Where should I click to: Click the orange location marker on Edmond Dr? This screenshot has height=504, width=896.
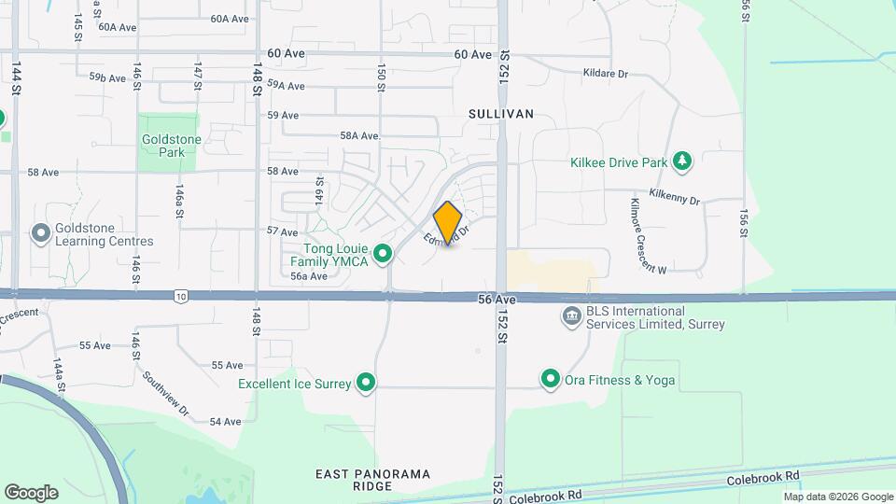pos(448,222)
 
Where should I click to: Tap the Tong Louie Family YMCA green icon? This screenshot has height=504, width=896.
pos(382,253)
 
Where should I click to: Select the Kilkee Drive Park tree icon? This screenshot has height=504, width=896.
pos(683,161)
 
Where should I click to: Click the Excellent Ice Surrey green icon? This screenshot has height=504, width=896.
pos(367,383)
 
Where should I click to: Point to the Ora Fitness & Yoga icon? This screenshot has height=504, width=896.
pos(550,379)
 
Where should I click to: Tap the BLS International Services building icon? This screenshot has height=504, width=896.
pos(570,317)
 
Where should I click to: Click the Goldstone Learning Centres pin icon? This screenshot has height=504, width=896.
pos(40,232)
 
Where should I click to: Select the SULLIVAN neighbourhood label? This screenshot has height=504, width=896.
pos(502,114)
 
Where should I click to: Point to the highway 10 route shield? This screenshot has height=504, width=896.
pos(180,296)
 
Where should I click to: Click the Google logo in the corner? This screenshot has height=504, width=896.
pos(31,492)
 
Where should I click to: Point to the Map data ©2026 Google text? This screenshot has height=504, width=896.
pos(837,497)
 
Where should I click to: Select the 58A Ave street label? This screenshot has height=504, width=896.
pos(359,135)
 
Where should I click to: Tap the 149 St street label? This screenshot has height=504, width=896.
pos(320,193)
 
